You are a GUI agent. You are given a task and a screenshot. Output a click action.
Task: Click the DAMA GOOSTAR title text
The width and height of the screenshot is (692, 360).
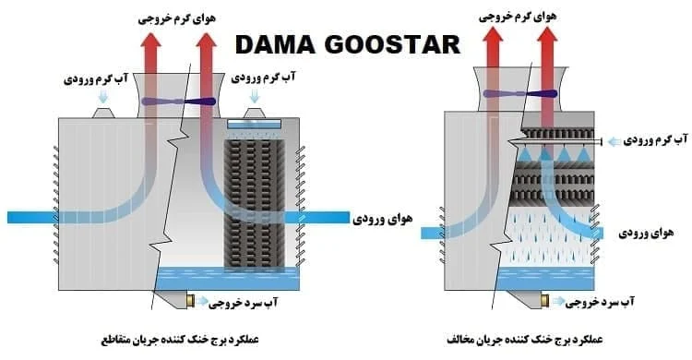point(348,44)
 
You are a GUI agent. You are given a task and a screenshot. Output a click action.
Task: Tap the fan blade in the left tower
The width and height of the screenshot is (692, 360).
point(179,102)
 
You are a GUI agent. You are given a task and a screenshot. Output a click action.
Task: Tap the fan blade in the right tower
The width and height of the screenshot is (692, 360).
point(519,93)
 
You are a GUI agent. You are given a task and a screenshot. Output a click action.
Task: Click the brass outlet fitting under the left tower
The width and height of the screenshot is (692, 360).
point(191,301)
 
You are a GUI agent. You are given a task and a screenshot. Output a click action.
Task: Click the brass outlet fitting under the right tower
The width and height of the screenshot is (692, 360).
point(544,301)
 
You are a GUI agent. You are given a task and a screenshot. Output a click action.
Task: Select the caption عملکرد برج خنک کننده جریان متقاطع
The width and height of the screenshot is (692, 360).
point(180,340)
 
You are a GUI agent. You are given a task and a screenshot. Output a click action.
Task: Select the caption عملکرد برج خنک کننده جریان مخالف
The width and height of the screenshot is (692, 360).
point(525,340)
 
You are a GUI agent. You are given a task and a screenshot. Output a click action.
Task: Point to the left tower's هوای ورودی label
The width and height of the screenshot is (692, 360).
point(382,219)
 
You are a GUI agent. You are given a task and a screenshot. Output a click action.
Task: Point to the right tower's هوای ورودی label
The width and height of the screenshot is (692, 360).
point(646,233)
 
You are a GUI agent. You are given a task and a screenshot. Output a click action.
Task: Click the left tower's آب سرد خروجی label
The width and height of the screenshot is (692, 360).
point(244,302)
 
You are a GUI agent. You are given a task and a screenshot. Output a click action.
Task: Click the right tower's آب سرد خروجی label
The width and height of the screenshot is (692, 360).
point(600,302)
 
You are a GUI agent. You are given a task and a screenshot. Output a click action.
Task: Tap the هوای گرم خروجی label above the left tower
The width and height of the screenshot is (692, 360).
point(177,18)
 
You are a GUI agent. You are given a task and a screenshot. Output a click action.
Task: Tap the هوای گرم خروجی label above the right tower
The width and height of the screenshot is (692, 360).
point(518,17)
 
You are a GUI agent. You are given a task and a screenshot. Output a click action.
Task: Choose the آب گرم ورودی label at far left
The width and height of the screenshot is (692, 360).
point(96,78)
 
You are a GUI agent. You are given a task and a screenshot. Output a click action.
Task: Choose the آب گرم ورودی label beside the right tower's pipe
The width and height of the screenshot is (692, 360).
point(655,140)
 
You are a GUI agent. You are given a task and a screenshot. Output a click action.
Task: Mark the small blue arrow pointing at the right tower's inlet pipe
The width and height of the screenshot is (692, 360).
point(614,141)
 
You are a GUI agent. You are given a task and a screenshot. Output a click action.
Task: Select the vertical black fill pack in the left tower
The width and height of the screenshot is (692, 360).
point(255,204)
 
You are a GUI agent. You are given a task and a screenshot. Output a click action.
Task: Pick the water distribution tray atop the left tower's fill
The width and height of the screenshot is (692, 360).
point(255,124)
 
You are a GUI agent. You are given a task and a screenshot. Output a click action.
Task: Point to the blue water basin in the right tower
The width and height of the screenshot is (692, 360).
point(545,279)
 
